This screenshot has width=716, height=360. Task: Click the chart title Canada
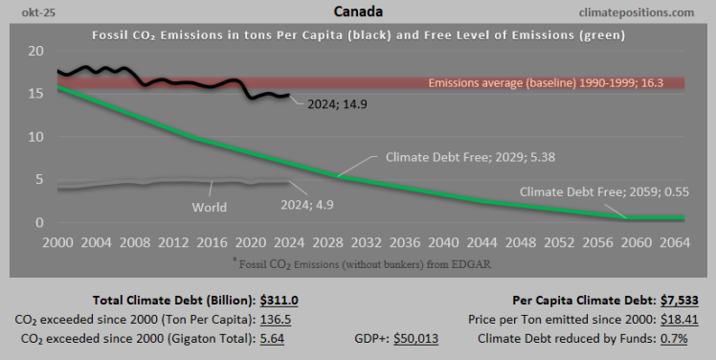pos(358,12)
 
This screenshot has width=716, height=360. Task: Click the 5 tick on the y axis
pos(38,179)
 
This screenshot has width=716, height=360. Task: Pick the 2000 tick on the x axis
pos(57,242)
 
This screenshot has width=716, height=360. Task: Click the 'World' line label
pos(209,207)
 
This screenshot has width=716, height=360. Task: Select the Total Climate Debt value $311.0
pos(278,300)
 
